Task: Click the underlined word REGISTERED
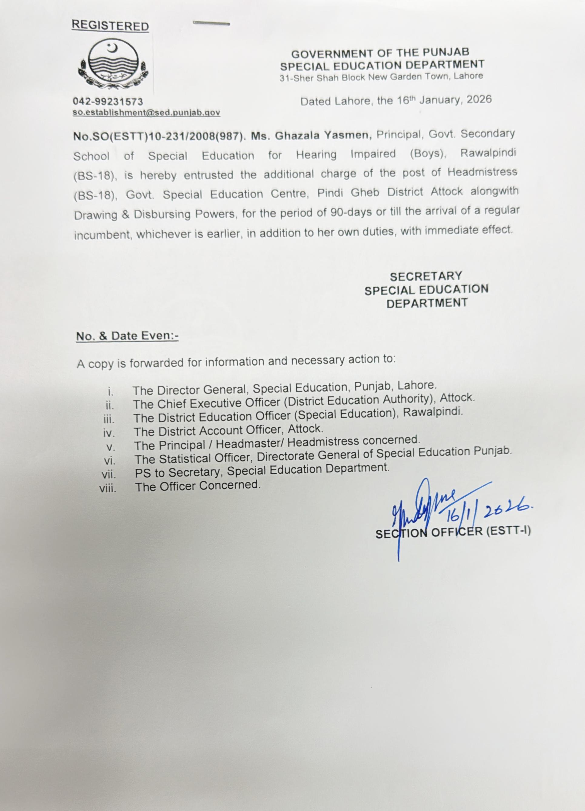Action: click(x=110, y=26)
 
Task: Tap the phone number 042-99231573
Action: click(x=108, y=102)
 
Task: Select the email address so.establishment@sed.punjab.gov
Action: click(x=146, y=112)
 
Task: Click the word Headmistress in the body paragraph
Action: click(x=482, y=172)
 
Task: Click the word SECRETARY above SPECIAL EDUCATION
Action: click(x=426, y=276)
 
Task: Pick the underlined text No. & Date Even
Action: click(x=127, y=336)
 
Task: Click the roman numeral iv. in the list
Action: click(x=109, y=433)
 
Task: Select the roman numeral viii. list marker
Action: click(x=108, y=488)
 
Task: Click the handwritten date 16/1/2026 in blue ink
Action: click(x=486, y=514)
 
